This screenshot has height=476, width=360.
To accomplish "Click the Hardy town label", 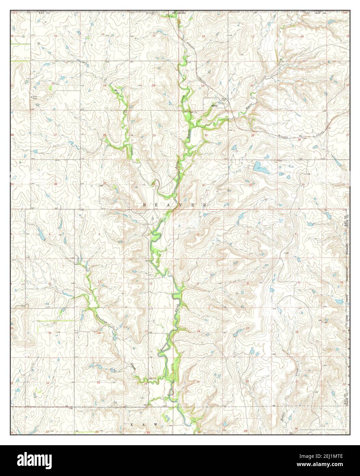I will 215,106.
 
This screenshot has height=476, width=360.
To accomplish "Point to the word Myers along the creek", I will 249,107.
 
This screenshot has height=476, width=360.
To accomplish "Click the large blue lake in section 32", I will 257,167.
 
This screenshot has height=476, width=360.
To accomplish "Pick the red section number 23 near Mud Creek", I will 105,85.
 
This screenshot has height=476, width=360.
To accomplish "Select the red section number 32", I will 250,185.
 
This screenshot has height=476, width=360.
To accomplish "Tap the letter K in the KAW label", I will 132,424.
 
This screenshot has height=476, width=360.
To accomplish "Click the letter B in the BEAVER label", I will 144,205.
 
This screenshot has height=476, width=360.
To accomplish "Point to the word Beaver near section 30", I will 188,134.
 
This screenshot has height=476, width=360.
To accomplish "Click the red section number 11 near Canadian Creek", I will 99,281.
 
